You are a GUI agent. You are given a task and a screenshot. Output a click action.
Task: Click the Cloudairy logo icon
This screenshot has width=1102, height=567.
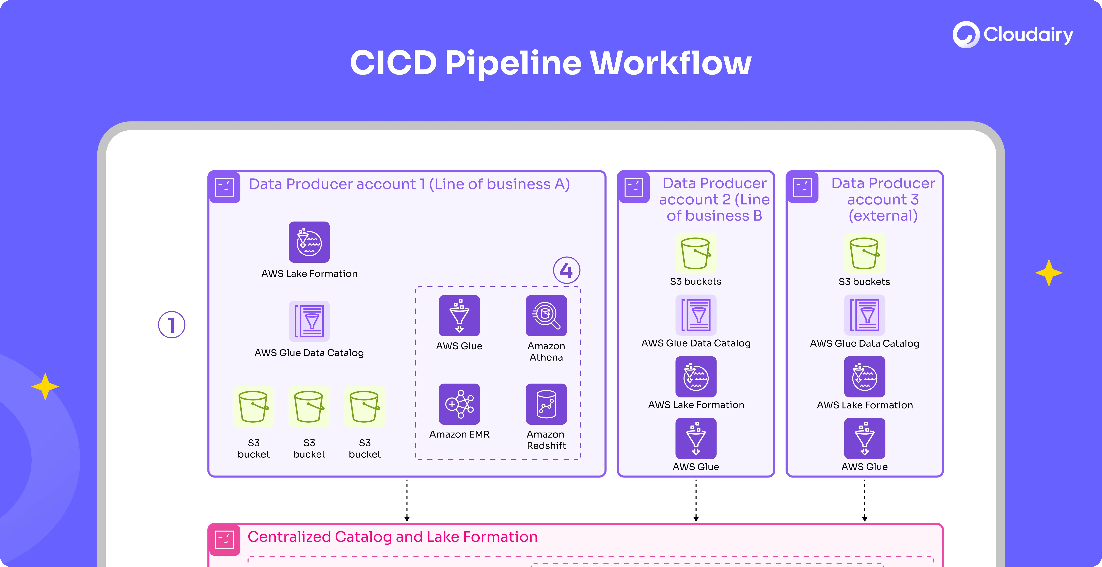[965, 35]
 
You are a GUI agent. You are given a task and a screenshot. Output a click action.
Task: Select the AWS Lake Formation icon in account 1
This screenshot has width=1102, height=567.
[309, 242]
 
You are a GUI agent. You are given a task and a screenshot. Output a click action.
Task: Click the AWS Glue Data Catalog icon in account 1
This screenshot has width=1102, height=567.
[309, 321]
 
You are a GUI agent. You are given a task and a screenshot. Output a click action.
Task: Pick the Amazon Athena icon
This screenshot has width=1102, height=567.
[546, 315]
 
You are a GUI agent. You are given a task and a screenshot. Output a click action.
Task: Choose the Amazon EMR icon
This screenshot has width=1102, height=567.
[459, 404]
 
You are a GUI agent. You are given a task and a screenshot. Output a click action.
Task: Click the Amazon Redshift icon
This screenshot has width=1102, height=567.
[546, 404]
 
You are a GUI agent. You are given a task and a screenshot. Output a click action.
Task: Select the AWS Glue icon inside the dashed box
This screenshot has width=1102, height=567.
[459, 315]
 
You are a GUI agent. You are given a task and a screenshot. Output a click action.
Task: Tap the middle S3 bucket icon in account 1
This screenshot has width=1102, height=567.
[309, 407]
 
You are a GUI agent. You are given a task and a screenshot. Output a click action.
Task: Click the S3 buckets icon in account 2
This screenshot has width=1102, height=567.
[696, 253]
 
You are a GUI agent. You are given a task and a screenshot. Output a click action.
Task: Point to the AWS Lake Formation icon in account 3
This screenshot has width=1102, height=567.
[864, 377]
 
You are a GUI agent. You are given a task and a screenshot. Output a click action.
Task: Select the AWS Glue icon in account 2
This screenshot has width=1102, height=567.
[696, 438]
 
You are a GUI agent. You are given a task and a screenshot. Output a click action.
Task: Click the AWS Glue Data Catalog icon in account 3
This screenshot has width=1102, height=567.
[864, 315]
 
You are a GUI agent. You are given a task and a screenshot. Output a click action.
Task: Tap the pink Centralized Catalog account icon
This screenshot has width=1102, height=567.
[224, 540]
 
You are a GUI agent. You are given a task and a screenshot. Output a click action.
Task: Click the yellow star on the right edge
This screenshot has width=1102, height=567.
[1049, 273]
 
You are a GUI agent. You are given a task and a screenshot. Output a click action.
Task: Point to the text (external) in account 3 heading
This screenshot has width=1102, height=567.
[883, 215]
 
